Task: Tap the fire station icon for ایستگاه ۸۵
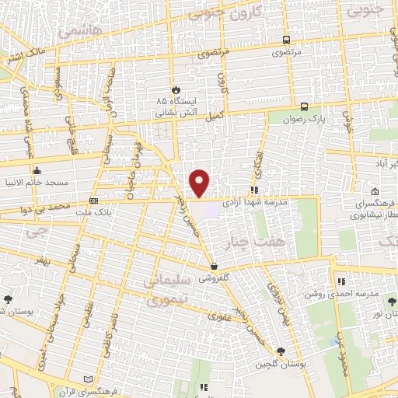coord(175,89)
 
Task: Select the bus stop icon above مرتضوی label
coord(286,40)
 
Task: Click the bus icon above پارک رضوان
coord(303,107)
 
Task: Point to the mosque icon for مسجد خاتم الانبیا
coord(36,171)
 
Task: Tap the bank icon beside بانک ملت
coord(94,199)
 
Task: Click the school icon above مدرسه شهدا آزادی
coord(254,189)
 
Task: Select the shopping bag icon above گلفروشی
coord(213,266)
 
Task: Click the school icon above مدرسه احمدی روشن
coord(340,283)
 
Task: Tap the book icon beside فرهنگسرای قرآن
coord(89,379)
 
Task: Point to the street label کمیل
coord(214,116)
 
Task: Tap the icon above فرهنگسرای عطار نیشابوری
coord(375,192)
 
